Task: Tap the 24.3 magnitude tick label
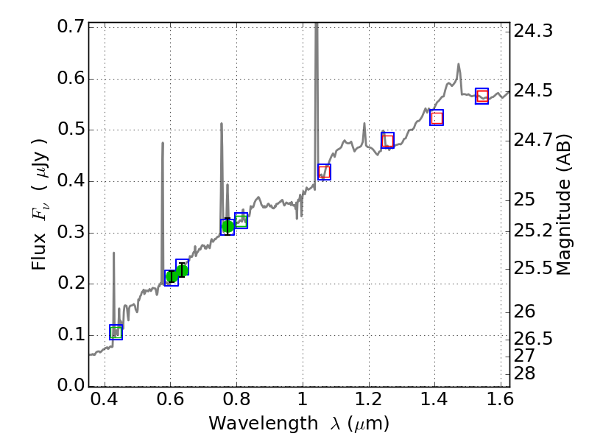pos(533,31)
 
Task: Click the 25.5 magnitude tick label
pos(533,268)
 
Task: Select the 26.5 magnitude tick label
pos(533,339)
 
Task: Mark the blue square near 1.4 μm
pos(437,118)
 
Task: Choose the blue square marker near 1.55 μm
pos(482,96)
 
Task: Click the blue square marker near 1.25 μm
pos(388,140)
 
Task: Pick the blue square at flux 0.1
pos(116,332)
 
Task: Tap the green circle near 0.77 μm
pos(228,226)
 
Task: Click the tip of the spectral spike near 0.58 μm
pos(163,143)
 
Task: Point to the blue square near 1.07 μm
pos(324,172)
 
